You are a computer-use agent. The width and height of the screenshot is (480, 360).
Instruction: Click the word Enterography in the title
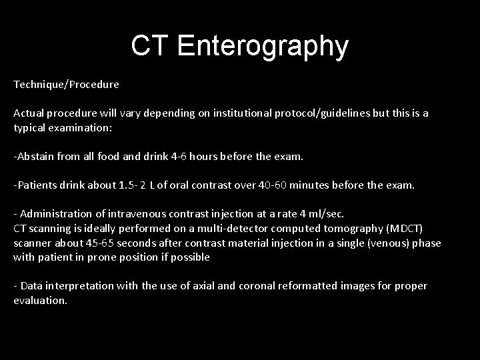(x=263, y=46)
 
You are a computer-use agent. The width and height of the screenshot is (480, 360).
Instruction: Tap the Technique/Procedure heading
(x=66, y=85)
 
